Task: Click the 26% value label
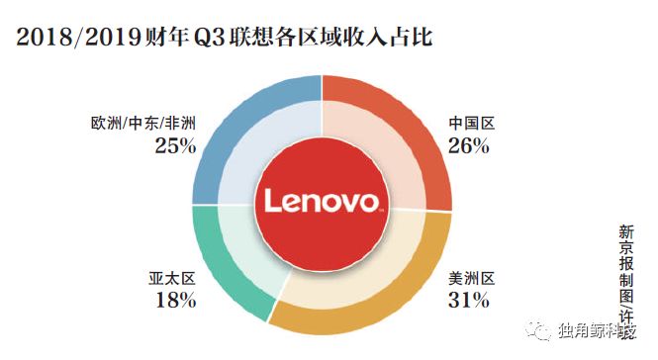[x=469, y=146]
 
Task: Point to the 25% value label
[x=175, y=146]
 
